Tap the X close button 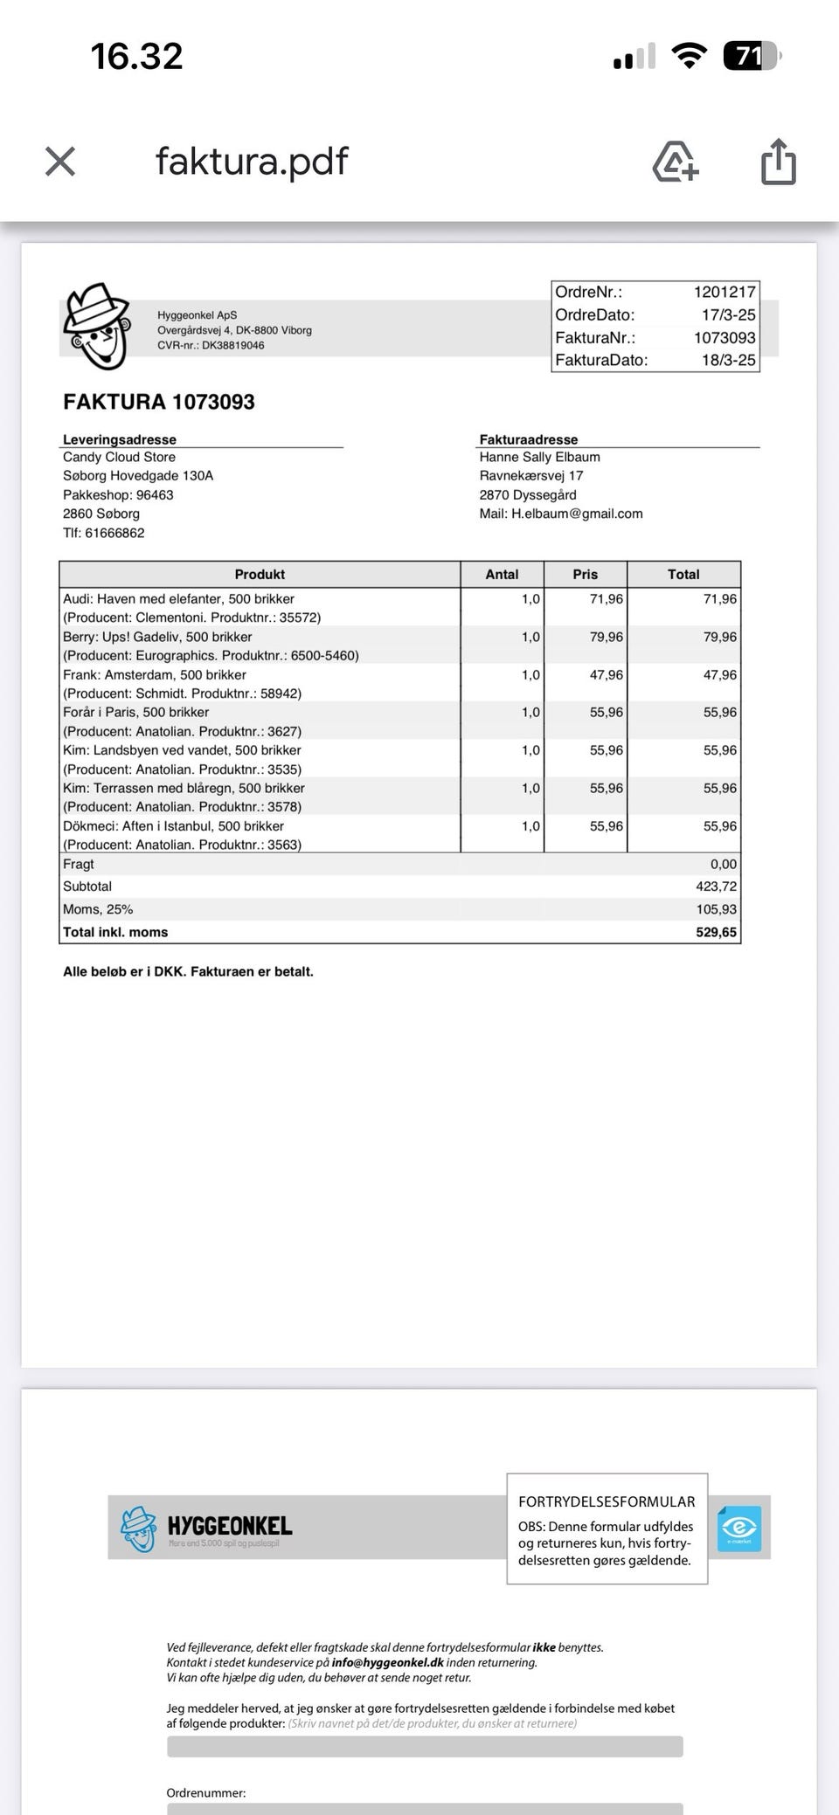[x=60, y=161]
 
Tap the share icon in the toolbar [x=778, y=162]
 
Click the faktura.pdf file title [x=252, y=161]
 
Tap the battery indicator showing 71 [x=750, y=57]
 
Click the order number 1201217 [x=725, y=293]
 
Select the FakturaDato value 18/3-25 [x=728, y=360]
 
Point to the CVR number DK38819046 [x=233, y=345]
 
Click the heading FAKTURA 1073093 [x=159, y=402]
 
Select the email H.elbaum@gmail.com [x=577, y=514]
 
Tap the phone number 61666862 [x=114, y=533]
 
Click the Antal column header [x=502, y=574]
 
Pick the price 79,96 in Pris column [x=607, y=637]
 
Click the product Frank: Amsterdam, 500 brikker [x=155, y=674]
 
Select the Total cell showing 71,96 [x=720, y=598]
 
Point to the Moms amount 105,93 [x=717, y=909]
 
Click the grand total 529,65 [x=717, y=932]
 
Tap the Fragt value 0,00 [x=724, y=864]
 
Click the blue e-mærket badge [x=739, y=1529]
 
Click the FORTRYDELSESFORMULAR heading [x=607, y=1501]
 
